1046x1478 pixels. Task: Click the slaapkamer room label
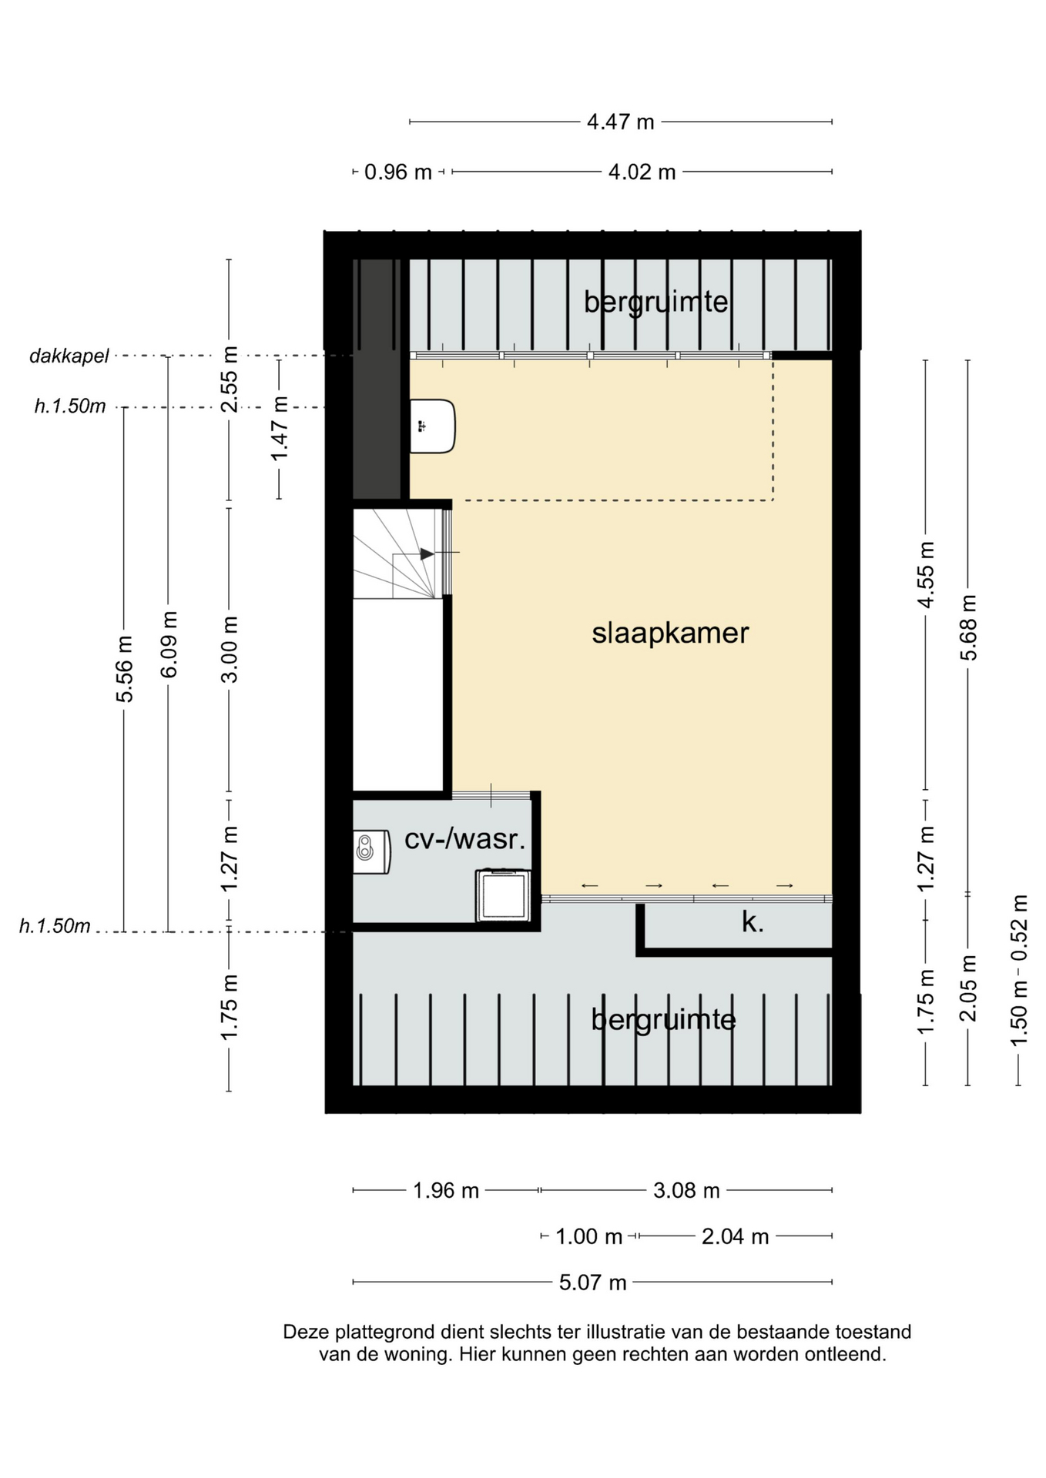[x=670, y=634]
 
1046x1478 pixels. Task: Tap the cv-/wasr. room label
[x=465, y=838]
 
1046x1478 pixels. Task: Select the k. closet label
[x=753, y=921]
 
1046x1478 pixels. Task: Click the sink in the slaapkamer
[x=432, y=426]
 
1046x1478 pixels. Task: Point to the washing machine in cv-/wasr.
[x=504, y=894]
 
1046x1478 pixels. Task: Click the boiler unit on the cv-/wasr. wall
[x=371, y=851]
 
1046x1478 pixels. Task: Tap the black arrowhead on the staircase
[x=427, y=553]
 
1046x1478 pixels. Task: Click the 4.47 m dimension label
[x=620, y=122]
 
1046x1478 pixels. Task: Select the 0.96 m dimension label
[x=397, y=172]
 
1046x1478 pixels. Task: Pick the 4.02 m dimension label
[x=642, y=172]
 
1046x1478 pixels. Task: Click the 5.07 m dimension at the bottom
[x=592, y=1282]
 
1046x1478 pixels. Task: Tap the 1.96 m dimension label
[x=446, y=1191]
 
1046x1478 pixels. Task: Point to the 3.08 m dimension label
[x=686, y=1191]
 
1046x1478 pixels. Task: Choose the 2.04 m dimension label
[x=735, y=1236]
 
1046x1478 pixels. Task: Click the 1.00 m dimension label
[x=588, y=1236]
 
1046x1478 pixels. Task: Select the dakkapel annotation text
[x=69, y=356]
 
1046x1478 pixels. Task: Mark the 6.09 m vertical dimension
[x=169, y=644]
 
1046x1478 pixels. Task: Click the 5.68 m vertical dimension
[x=968, y=627]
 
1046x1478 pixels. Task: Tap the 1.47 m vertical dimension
[x=279, y=429]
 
